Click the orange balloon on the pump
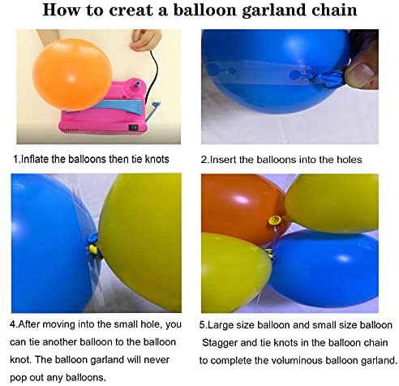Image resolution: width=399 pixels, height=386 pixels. pos(72,75)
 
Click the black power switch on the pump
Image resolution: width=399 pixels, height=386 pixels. pos(134,127)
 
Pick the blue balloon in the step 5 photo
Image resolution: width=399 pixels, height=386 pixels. pos(324,269)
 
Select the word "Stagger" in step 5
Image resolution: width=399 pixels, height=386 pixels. pos(220,343)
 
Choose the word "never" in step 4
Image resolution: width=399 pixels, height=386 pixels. pos(157,360)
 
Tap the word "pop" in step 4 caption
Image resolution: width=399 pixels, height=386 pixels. pos(18,378)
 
